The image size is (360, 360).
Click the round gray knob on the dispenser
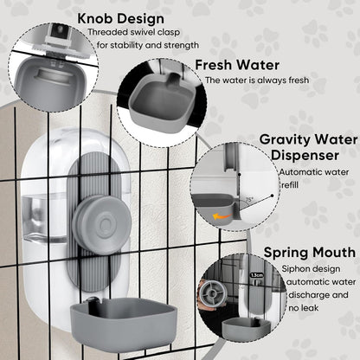[105, 222]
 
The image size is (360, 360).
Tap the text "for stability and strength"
[147, 44]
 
